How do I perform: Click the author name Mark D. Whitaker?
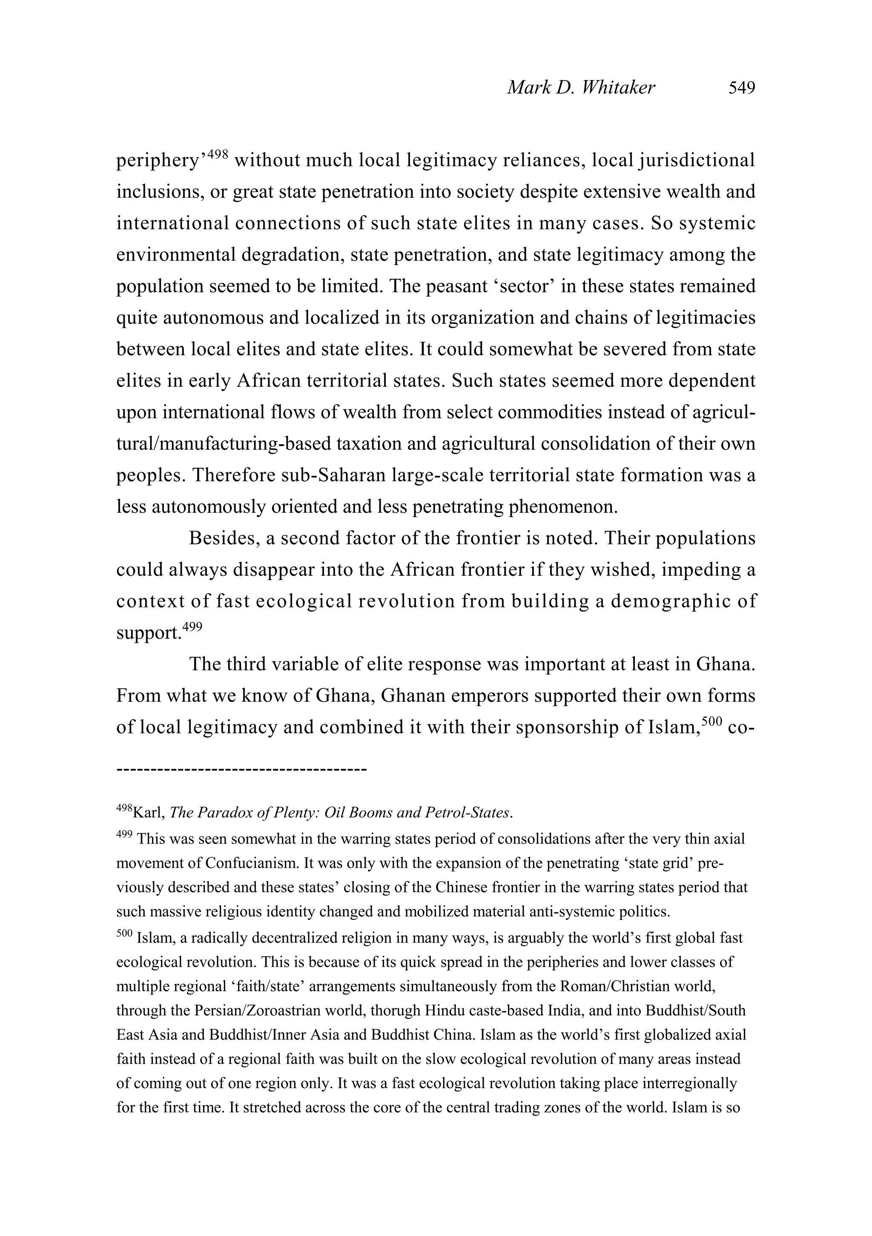point(581,87)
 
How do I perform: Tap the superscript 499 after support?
point(192,627)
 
